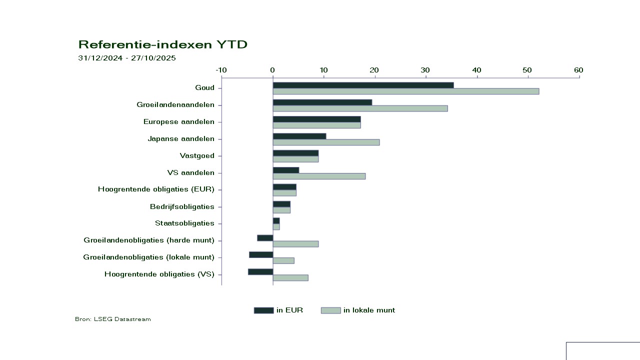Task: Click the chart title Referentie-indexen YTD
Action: [162, 44]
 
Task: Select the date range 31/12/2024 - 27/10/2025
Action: [127, 58]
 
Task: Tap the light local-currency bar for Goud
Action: [405, 91]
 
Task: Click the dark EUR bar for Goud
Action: [363, 85]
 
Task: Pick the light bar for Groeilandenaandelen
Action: [360, 108]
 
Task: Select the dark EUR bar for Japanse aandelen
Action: [299, 136]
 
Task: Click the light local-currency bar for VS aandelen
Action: [319, 176]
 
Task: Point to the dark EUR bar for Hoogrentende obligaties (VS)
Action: [260, 271]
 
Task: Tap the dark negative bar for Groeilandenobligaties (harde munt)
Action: [265, 237]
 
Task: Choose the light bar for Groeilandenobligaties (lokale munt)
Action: [283, 260]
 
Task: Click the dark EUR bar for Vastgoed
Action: [295, 153]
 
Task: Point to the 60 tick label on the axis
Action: [578, 70]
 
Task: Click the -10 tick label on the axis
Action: [221, 70]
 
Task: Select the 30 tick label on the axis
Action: [425, 70]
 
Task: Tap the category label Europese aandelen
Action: [178, 121]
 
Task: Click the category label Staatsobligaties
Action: [184, 223]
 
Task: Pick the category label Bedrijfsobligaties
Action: [182, 206]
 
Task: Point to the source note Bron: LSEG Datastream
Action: [112, 319]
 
